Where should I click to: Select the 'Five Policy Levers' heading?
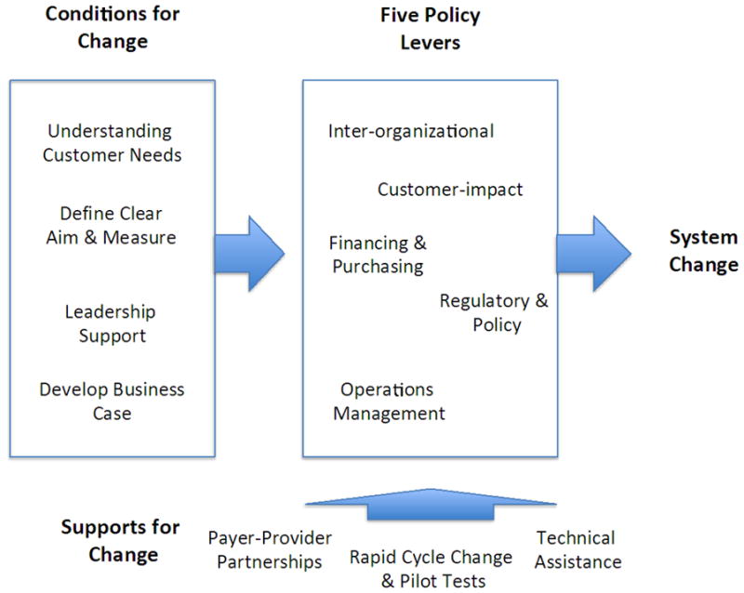430,29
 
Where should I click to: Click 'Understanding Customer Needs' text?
112,143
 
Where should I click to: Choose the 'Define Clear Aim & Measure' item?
112,225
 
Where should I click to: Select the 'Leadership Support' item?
111,323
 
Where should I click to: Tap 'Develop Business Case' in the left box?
112,401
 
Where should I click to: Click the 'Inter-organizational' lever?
410,131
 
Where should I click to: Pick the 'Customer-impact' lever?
450,190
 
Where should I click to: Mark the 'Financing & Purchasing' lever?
378,255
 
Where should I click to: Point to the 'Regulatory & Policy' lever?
495,312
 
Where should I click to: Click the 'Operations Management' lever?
389,401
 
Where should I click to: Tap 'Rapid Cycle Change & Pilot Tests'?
431,569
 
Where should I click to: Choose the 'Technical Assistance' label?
577,549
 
